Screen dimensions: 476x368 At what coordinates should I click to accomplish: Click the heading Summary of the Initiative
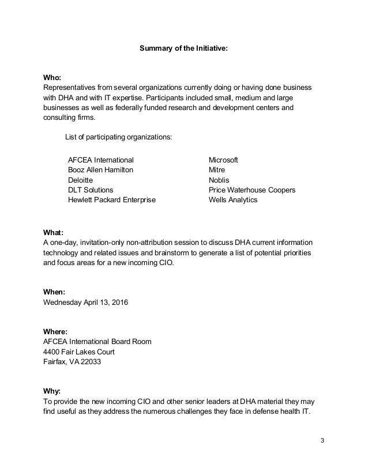(x=184, y=50)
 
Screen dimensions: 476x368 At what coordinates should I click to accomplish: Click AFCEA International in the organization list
(x=101, y=159)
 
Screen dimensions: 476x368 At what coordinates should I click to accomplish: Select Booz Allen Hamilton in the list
(x=101, y=170)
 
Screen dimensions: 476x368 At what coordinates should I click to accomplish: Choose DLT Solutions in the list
(x=91, y=190)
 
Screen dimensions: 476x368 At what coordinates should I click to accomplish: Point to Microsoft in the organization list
(x=224, y=159)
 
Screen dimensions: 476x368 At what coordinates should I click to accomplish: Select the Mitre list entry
(x=217, y=170)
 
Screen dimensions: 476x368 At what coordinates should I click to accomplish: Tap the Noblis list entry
(x=219, y=180)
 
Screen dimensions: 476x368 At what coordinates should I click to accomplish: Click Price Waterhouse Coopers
(x=252, y=190)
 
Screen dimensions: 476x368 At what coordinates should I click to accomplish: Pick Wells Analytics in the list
(x=233, y=201)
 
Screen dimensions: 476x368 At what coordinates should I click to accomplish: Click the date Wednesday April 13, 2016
(x=86, y=302)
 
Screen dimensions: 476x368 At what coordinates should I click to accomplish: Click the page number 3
(x=322, y=441)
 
